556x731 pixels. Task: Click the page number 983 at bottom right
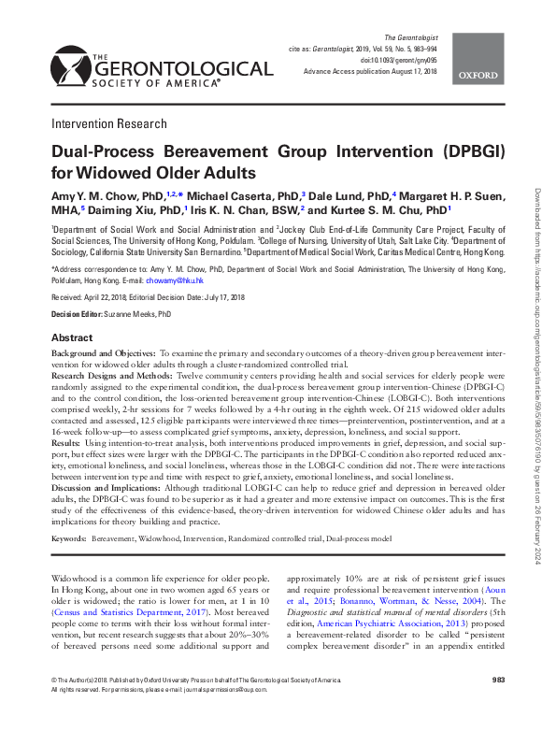point(498,705)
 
